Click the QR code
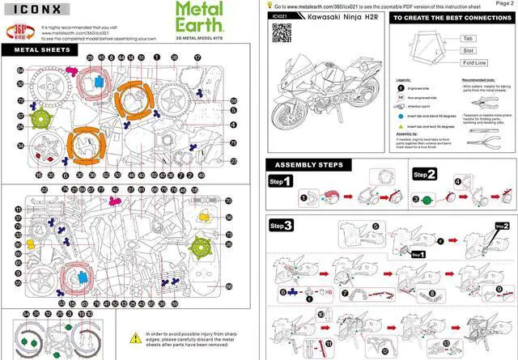click(282, 32)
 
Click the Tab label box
click(467, 38)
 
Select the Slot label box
click(467, 50)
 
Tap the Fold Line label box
click(473, 62)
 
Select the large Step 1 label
click(281, 181)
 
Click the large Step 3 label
click(282, 224)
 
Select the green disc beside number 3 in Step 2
click(428, 198)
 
